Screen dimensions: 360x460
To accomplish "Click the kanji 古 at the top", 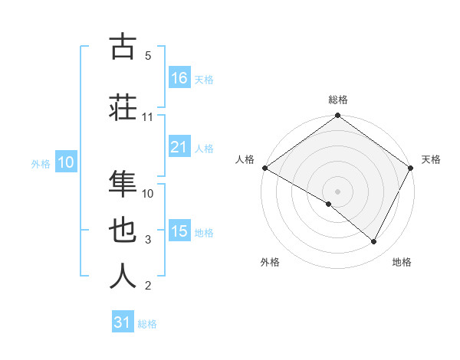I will point(123,47).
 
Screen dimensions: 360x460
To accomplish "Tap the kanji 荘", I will point(123,106).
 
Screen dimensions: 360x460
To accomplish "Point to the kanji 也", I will point(123,230).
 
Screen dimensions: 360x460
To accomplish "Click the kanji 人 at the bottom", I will point(123,276).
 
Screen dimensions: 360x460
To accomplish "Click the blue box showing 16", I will point(179,78).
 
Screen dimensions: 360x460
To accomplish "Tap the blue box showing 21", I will point(179,147).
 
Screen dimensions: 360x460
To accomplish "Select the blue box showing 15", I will point(179,231).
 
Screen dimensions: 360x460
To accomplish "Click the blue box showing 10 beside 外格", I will point(66,162).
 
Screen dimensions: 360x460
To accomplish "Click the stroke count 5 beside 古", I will point(148,56).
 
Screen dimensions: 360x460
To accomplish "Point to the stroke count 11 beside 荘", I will point(148,117).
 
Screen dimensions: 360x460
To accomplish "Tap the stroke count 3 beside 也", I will point(148,240).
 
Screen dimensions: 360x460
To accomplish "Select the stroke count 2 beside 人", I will point(148,286).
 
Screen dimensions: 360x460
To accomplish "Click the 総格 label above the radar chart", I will point(338,100).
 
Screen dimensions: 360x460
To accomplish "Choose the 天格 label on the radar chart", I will point(431,159).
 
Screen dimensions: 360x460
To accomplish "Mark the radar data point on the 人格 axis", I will point(264,168).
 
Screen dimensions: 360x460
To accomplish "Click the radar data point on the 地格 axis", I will point(374,242).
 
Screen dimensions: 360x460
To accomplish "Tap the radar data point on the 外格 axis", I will point(329,204).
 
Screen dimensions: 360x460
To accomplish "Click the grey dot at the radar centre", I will point(337,190).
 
